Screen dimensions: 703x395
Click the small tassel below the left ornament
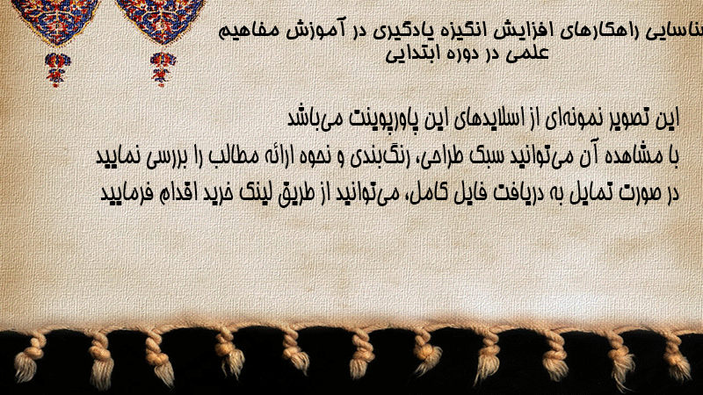tap(56, 69)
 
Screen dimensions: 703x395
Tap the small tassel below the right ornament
tap(163, 68)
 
